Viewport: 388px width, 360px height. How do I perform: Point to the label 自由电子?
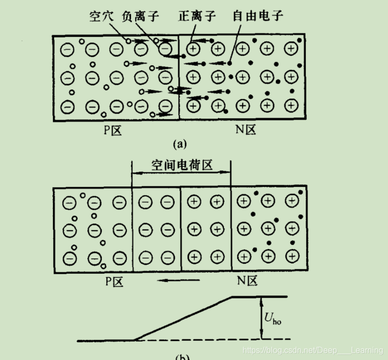point(258,16)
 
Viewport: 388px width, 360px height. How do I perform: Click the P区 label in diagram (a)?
point(113,130)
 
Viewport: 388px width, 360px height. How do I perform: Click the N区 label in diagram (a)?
point(246,130)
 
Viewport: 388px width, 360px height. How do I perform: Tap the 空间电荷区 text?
point(182,165)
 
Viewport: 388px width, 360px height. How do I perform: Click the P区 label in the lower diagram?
point(114,281)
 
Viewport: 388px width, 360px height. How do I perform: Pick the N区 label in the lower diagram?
point(247,281)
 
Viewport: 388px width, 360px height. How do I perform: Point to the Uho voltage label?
point(273,320)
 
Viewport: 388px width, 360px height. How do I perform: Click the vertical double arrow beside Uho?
point(262,318)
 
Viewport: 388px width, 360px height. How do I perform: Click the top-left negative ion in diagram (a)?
point(68,50)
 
